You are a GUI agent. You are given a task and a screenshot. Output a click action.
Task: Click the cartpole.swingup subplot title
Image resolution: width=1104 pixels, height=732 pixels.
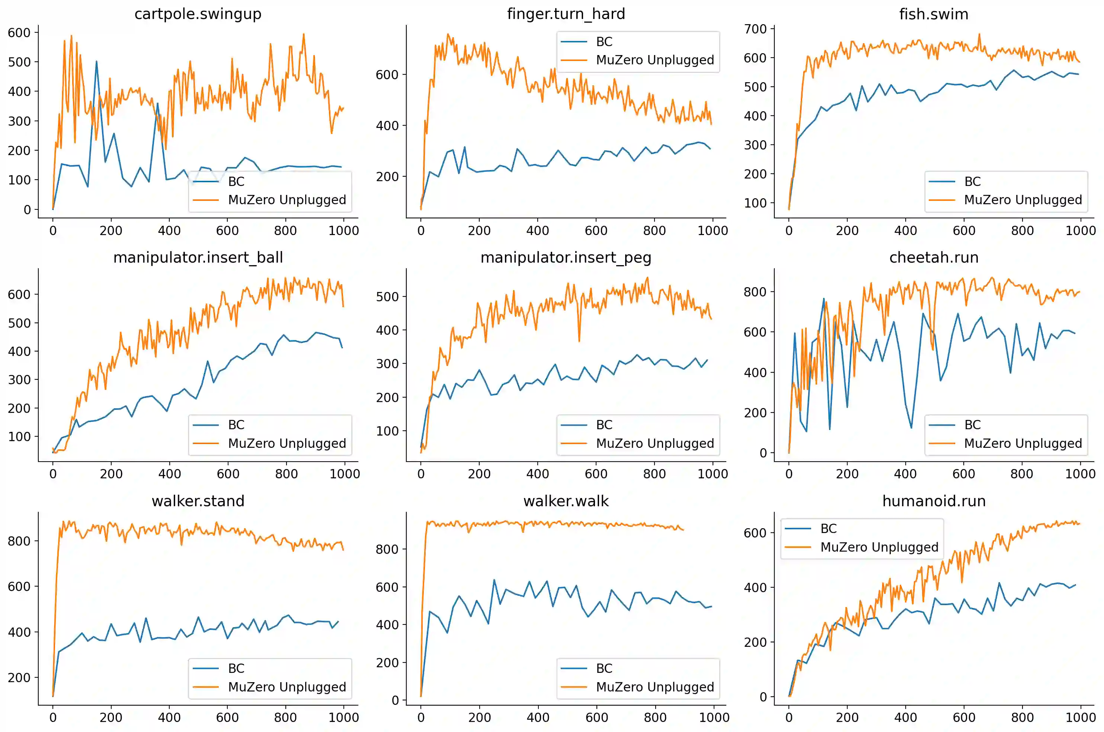[x=198, y=14]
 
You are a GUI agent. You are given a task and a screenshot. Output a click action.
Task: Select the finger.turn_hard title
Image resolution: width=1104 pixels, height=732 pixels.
[x=566, y=14]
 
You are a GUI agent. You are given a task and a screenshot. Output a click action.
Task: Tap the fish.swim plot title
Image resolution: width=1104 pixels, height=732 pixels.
[x=934, y=14]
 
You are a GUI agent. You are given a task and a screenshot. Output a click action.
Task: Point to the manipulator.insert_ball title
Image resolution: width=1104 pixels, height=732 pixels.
[x=198, y=257]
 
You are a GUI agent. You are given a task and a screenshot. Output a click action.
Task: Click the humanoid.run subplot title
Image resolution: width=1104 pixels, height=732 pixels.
[x=934, y=501]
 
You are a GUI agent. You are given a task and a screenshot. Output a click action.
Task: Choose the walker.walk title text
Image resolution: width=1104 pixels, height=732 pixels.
[x=566, y=501]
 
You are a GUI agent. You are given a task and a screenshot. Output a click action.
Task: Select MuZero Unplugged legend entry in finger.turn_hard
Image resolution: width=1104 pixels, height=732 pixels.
[x=655, y=60]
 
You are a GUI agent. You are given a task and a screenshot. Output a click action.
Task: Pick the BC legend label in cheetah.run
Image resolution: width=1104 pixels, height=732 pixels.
[x=972, y=425]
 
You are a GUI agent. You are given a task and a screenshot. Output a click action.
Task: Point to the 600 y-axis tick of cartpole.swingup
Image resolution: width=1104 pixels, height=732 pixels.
[x=19, y=33]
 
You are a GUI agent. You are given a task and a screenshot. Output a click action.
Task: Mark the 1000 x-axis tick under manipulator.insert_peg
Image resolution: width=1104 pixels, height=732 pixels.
[x=712, y=474]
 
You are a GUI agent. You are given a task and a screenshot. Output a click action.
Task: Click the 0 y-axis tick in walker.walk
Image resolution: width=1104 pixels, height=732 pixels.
[x=395, y=700]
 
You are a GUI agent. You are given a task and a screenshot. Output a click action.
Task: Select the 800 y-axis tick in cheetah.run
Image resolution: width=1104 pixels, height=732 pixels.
[x=755, y=292]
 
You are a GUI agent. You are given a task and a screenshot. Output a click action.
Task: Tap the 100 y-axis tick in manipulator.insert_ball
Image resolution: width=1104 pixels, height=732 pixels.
[x=19, y=437]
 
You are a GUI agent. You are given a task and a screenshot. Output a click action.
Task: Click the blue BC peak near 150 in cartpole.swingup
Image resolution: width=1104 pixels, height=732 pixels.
[x=96, y=61]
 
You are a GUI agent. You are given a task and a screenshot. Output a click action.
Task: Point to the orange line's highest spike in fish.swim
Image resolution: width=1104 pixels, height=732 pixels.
[x=979, y=33]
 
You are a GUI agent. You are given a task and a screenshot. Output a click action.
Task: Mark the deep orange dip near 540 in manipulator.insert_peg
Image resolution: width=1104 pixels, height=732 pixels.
[x=579, y=341]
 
